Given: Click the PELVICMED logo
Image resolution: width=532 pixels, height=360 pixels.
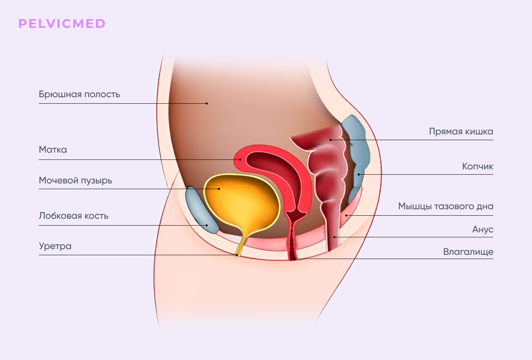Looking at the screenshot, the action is (62, 24).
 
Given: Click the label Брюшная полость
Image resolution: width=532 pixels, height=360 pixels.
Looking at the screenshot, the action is (79, 95).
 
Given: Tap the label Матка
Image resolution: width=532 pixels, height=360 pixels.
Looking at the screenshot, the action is (53, 150).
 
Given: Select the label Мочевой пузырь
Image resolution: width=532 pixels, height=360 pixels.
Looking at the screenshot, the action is (75, 181).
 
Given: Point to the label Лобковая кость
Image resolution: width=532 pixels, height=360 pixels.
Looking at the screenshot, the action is (73, 216).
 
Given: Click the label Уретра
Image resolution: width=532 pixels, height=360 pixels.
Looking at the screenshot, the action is (55, 246).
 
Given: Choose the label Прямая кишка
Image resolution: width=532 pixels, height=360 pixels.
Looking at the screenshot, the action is (461, 131).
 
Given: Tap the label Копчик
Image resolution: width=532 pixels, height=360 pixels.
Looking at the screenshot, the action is (478, 166).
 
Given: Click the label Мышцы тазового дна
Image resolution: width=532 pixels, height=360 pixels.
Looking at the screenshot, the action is (445, 206).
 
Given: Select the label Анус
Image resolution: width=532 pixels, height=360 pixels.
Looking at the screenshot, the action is (483, 229).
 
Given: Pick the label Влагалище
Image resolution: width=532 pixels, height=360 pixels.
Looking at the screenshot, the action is (468, 251).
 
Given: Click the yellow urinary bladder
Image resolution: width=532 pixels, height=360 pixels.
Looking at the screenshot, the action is (241, 202).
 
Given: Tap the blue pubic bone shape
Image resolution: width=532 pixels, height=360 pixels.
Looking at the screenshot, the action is (201, 210).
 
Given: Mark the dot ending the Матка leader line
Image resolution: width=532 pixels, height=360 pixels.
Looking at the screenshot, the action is (240, 160).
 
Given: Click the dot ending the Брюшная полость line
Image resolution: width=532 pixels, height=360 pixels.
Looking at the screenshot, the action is (207, 103).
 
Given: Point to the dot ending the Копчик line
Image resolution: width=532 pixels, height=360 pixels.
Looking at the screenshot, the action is (359, 174).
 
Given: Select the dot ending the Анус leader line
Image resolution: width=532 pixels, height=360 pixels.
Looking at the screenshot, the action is (334, 237).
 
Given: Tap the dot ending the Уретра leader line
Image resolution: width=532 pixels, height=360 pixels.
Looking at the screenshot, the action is (236, 255).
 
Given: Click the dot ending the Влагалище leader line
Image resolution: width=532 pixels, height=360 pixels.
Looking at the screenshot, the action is (294, 259).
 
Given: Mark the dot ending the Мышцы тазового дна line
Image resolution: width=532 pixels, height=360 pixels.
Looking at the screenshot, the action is (346, 215).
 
